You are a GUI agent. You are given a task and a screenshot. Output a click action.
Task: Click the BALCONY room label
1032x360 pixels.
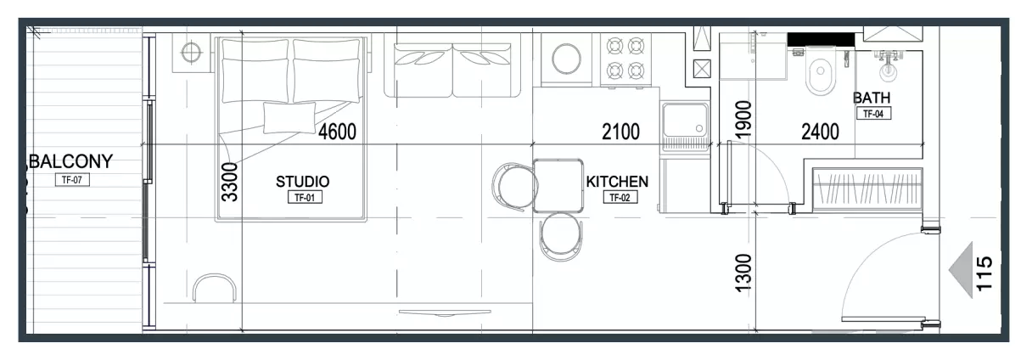pyautogui.click(x=71, y=161)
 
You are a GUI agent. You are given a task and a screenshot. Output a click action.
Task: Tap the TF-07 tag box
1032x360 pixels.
pyautogui.click(x=72, y=180)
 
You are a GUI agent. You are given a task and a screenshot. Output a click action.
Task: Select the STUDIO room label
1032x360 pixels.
pyautogui.click(x=303, y=182)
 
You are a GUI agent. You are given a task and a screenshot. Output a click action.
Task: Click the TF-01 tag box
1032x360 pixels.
pyautogui.click(x=305, y=197)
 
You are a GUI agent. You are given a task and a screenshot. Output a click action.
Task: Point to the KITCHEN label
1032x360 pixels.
pyautogui.click(x=617, y=182)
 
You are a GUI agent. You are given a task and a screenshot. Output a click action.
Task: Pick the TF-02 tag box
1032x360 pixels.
pyautogui.click(x=620, y=197)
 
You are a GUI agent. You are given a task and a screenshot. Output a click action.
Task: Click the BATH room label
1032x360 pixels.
pyautogui.click(x=872, y=98)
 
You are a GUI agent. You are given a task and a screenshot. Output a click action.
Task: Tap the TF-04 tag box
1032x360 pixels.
pyautogui.click(x=874, y=114)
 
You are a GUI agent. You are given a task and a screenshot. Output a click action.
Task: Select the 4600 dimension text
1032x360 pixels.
pyautogui.click(x=337, y=132)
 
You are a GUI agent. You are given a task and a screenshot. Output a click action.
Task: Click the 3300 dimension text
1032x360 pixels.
pyautogui.click(x=230, y=182)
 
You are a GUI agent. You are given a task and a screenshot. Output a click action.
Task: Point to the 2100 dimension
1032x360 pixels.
pyautogui.click(x=621, y=132)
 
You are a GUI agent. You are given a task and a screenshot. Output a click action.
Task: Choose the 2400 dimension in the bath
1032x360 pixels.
pyautogui.click(x=820, y=132)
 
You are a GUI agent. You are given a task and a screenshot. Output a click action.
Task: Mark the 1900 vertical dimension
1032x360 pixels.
pyautogui.click(x=743, y=119)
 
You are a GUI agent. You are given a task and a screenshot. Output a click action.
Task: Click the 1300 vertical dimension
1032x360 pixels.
pyautogui.click(x=743, y=273)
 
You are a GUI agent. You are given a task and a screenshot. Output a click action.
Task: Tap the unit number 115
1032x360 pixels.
pyautogui.click(x=984, y=273)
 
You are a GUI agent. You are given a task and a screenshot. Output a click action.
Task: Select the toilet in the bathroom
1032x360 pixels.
pyautogui.click(x=821, y=71)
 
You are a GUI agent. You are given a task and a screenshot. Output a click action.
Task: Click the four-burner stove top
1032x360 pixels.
pyautogui.click(x=625, y=59)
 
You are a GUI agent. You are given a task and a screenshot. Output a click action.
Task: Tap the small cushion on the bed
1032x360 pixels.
pyautogui.click(x=289, y=118)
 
